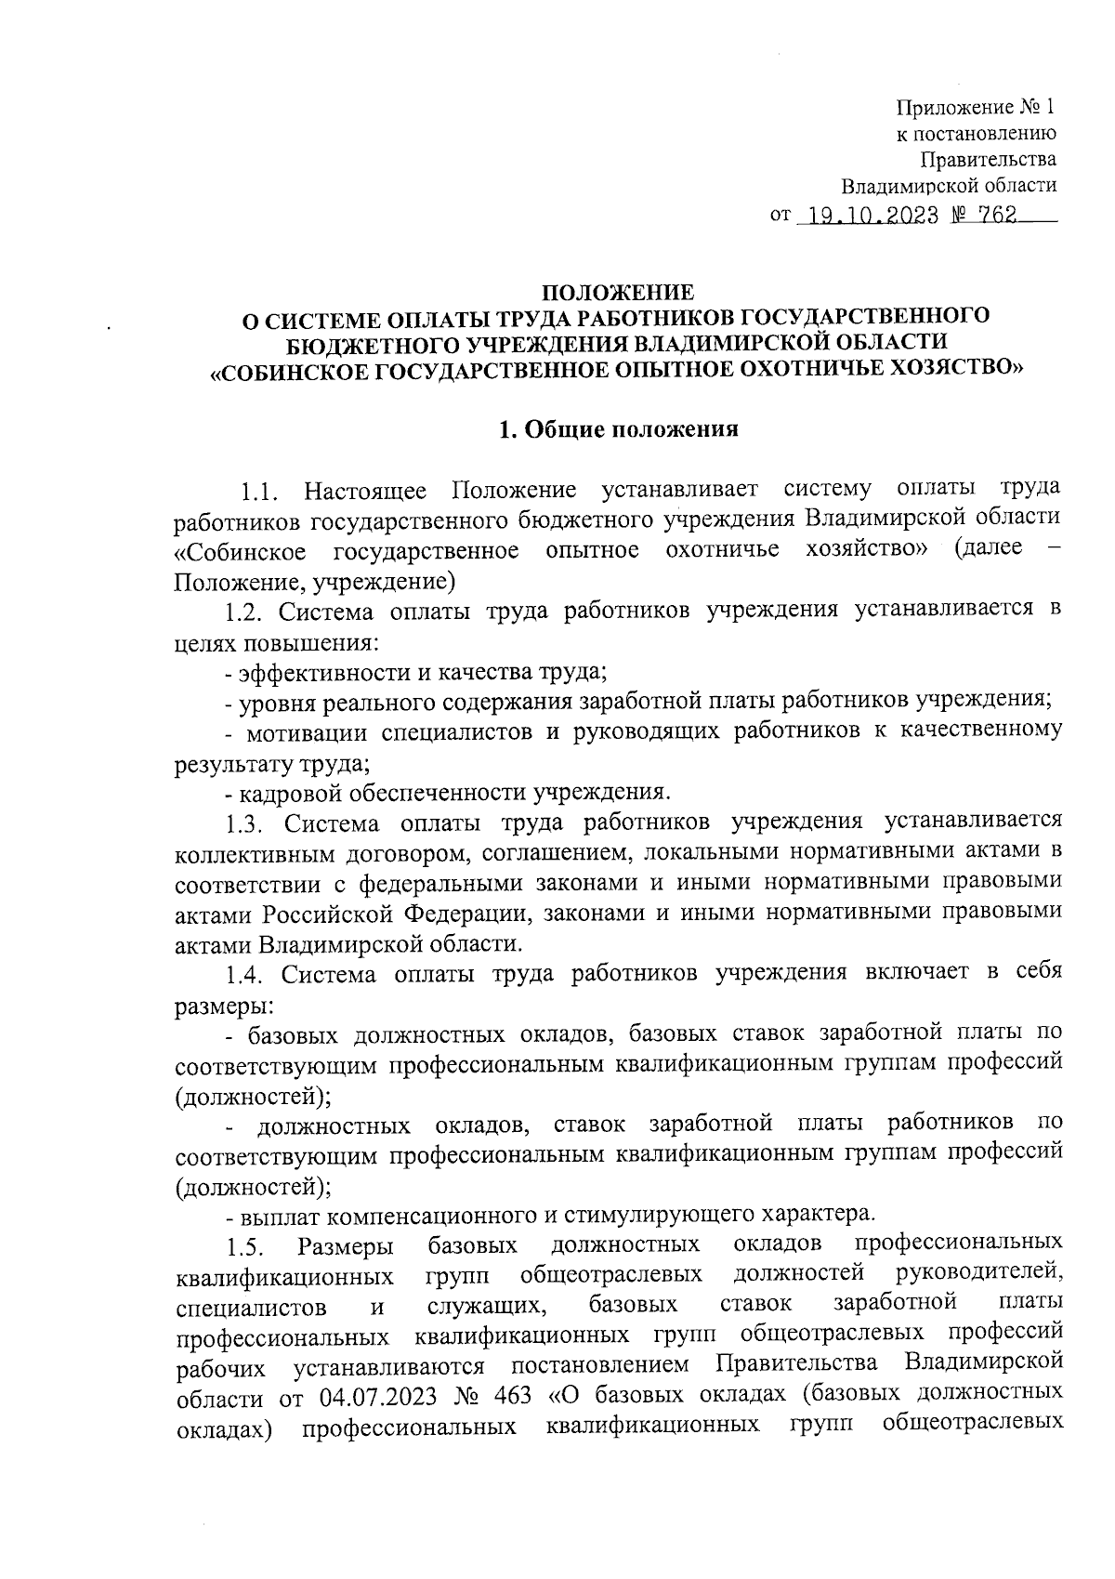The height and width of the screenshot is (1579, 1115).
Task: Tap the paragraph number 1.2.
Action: (x=244, y=612)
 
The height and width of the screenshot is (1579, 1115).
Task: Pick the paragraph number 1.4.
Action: (x=245, y=975)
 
